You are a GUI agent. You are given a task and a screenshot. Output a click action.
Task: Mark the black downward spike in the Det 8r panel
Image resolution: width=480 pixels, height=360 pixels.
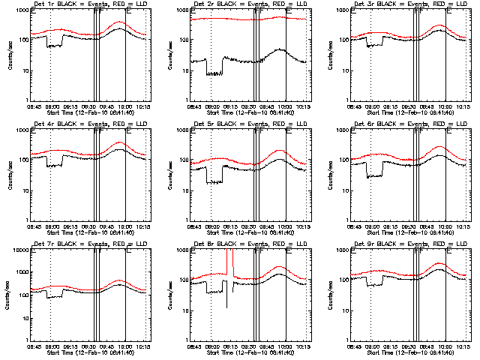click(226, 300)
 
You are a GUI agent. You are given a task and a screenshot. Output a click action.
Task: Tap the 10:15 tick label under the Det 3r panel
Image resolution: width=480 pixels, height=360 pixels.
click(463, 108)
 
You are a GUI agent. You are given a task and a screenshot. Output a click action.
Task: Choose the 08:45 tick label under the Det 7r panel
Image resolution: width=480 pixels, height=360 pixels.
click(34, 348)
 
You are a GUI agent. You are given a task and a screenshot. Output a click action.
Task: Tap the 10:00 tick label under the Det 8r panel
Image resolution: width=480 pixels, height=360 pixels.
click(285, 348)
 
